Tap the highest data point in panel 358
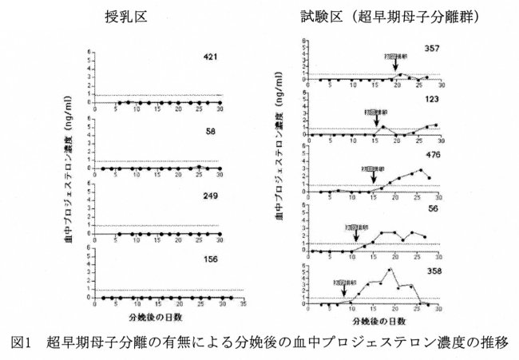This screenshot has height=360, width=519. pos(390,270)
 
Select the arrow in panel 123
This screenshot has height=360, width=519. pos(376,117)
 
